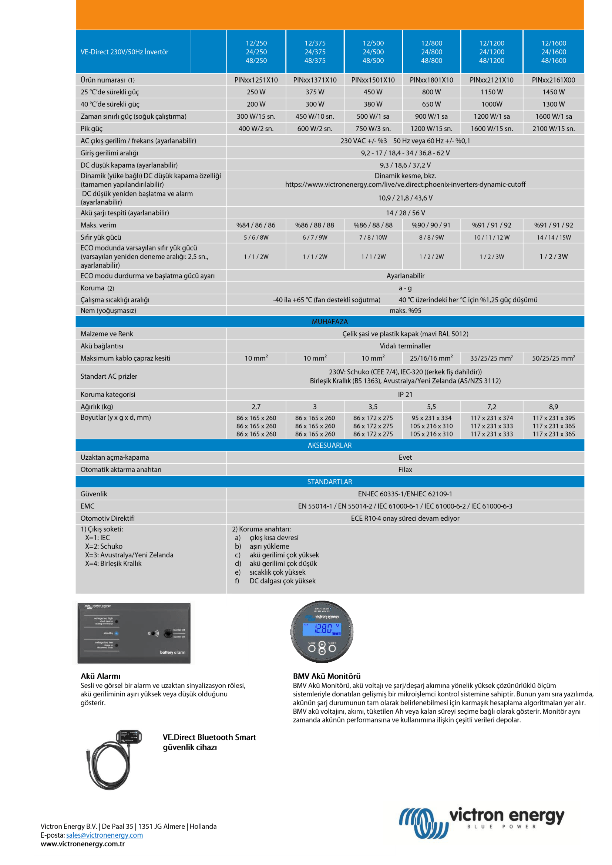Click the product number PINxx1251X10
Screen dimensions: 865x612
tap(256, 80)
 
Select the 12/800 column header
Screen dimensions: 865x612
tap(431, 52)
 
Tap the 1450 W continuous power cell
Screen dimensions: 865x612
tap(553, 92)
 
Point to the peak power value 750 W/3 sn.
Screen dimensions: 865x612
tap(373, 128)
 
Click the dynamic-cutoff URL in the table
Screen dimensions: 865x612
tap(405, 184)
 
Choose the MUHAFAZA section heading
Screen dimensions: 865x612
tap(330, 321)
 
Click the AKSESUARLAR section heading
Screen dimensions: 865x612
tap(330, 445)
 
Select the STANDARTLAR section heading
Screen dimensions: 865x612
tap(330, 482)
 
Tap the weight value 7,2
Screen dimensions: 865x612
tap(491, 406)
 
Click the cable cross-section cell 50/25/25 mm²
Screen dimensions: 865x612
tap(553, 358)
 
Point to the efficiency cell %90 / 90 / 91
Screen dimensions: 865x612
tap(431, 225)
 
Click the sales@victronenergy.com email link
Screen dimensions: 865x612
tap(104, 835)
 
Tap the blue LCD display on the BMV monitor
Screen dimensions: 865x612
tap(322, 629)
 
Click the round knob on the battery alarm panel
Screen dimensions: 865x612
tap(168, 634)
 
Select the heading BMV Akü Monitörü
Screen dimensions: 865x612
tap(327, 676)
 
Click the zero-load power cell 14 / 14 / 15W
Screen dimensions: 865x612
tap(554, 237)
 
